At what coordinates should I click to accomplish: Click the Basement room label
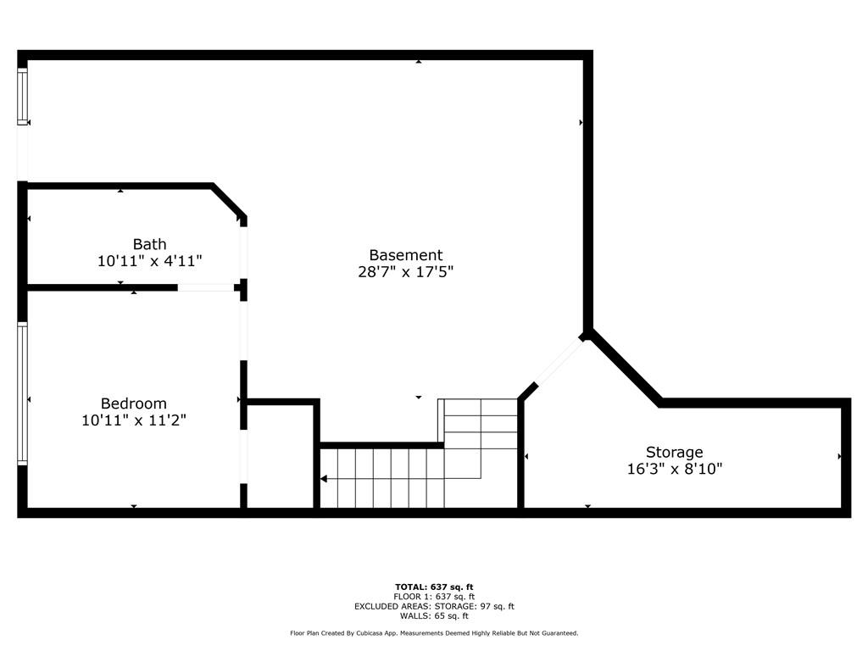406,255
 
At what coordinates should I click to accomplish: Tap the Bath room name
149,244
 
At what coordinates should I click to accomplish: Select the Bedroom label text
133,403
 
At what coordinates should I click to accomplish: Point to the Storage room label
674,453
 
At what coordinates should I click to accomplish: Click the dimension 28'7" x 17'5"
406,272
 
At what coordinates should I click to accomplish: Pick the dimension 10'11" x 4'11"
149,261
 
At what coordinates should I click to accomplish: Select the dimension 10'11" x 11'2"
133,420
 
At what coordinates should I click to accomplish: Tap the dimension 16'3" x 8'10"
674,469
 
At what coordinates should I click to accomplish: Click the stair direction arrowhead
324,479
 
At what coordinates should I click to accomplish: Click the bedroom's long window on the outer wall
22,393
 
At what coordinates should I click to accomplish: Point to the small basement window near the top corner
22,97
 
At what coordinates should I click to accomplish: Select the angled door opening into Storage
559,363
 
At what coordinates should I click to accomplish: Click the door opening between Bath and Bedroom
206,288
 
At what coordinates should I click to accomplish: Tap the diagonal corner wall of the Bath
229,200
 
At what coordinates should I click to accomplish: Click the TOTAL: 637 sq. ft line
434,587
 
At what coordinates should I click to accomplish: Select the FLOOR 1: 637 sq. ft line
434,597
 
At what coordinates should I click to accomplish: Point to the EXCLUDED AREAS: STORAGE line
434,606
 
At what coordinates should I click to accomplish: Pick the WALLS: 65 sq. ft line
434,616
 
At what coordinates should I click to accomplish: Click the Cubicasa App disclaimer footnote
434,633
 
